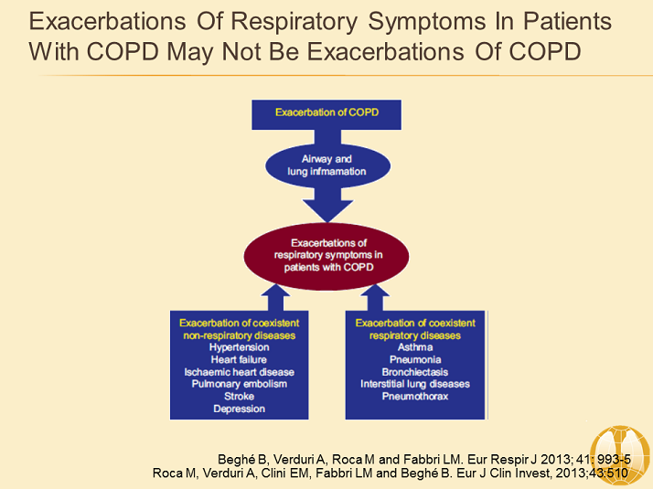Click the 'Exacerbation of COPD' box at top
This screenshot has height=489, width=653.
pyautogui.click(x=327, y=112)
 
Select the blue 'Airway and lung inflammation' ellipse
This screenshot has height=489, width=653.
pyautogui.click(x=327, y=165)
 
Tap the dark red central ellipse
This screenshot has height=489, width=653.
pyautogui.click(x=327, y=249)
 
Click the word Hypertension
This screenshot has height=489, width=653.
pyautogui.click(x=239, y=347)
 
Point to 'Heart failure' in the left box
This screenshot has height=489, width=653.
pyautogui.click(x=239, y=360)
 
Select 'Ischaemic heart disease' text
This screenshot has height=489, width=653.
pyautogui.click(x=239, y=372)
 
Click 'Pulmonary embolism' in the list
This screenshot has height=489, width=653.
pyautogui.click(x=239, y=384)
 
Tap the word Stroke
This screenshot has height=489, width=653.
pyautogui.click(x=239, y=396)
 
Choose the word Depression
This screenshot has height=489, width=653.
pyautogui.click(x=239, y=409)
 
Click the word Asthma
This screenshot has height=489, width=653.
pyautogui.click(x=415, y=347)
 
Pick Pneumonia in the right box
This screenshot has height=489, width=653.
pyautogui.click(x=415, y=360)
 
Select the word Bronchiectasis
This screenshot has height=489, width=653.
pyautogui.click(x=415, y=372)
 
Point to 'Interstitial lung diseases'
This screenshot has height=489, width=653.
pyautogui.click(x=415, y=384)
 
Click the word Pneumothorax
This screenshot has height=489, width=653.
pyautogui.click(x=415, y=396)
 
